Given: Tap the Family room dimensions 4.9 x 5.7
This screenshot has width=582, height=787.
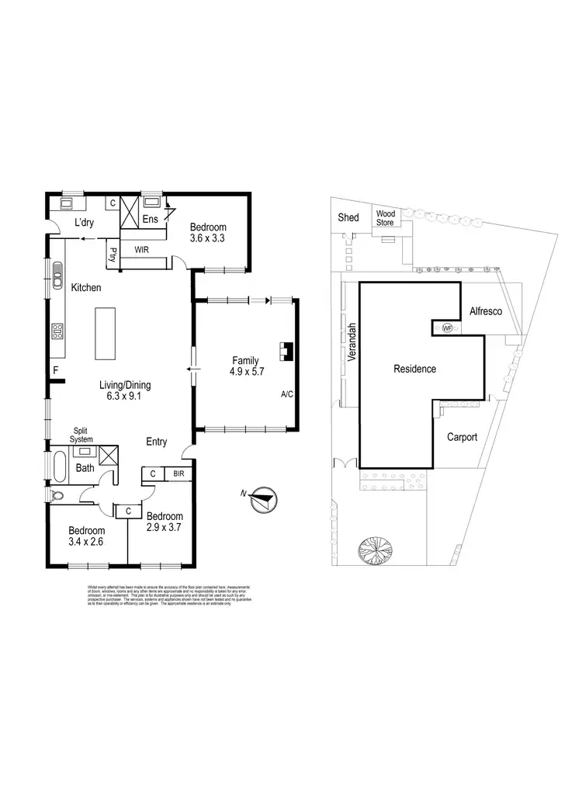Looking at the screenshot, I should pos(245,371).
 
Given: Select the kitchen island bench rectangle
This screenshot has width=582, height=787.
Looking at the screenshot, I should pos(106,333).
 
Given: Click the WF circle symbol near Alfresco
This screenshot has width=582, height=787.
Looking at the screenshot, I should pos(446,328).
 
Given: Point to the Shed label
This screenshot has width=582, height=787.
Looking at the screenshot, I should pos(348,217).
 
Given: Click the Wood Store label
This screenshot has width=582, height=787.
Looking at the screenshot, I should pos(386,218).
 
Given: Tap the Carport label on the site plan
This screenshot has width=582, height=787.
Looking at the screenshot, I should pos(462,437).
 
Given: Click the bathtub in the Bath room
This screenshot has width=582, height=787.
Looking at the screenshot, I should pos(59,468).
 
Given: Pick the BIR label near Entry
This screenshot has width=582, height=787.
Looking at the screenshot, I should pos(178,473).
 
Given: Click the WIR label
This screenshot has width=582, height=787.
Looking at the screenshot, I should pos(141,250).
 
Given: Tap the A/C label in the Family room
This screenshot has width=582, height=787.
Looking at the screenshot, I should pos(286,395).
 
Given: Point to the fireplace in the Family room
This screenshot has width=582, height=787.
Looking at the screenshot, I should pos(286,353).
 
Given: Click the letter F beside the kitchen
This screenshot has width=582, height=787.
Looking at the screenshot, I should pos(56,370).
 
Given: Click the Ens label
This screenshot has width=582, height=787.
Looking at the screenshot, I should pos(150,220).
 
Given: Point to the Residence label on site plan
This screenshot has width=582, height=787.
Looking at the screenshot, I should pos(414,369).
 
